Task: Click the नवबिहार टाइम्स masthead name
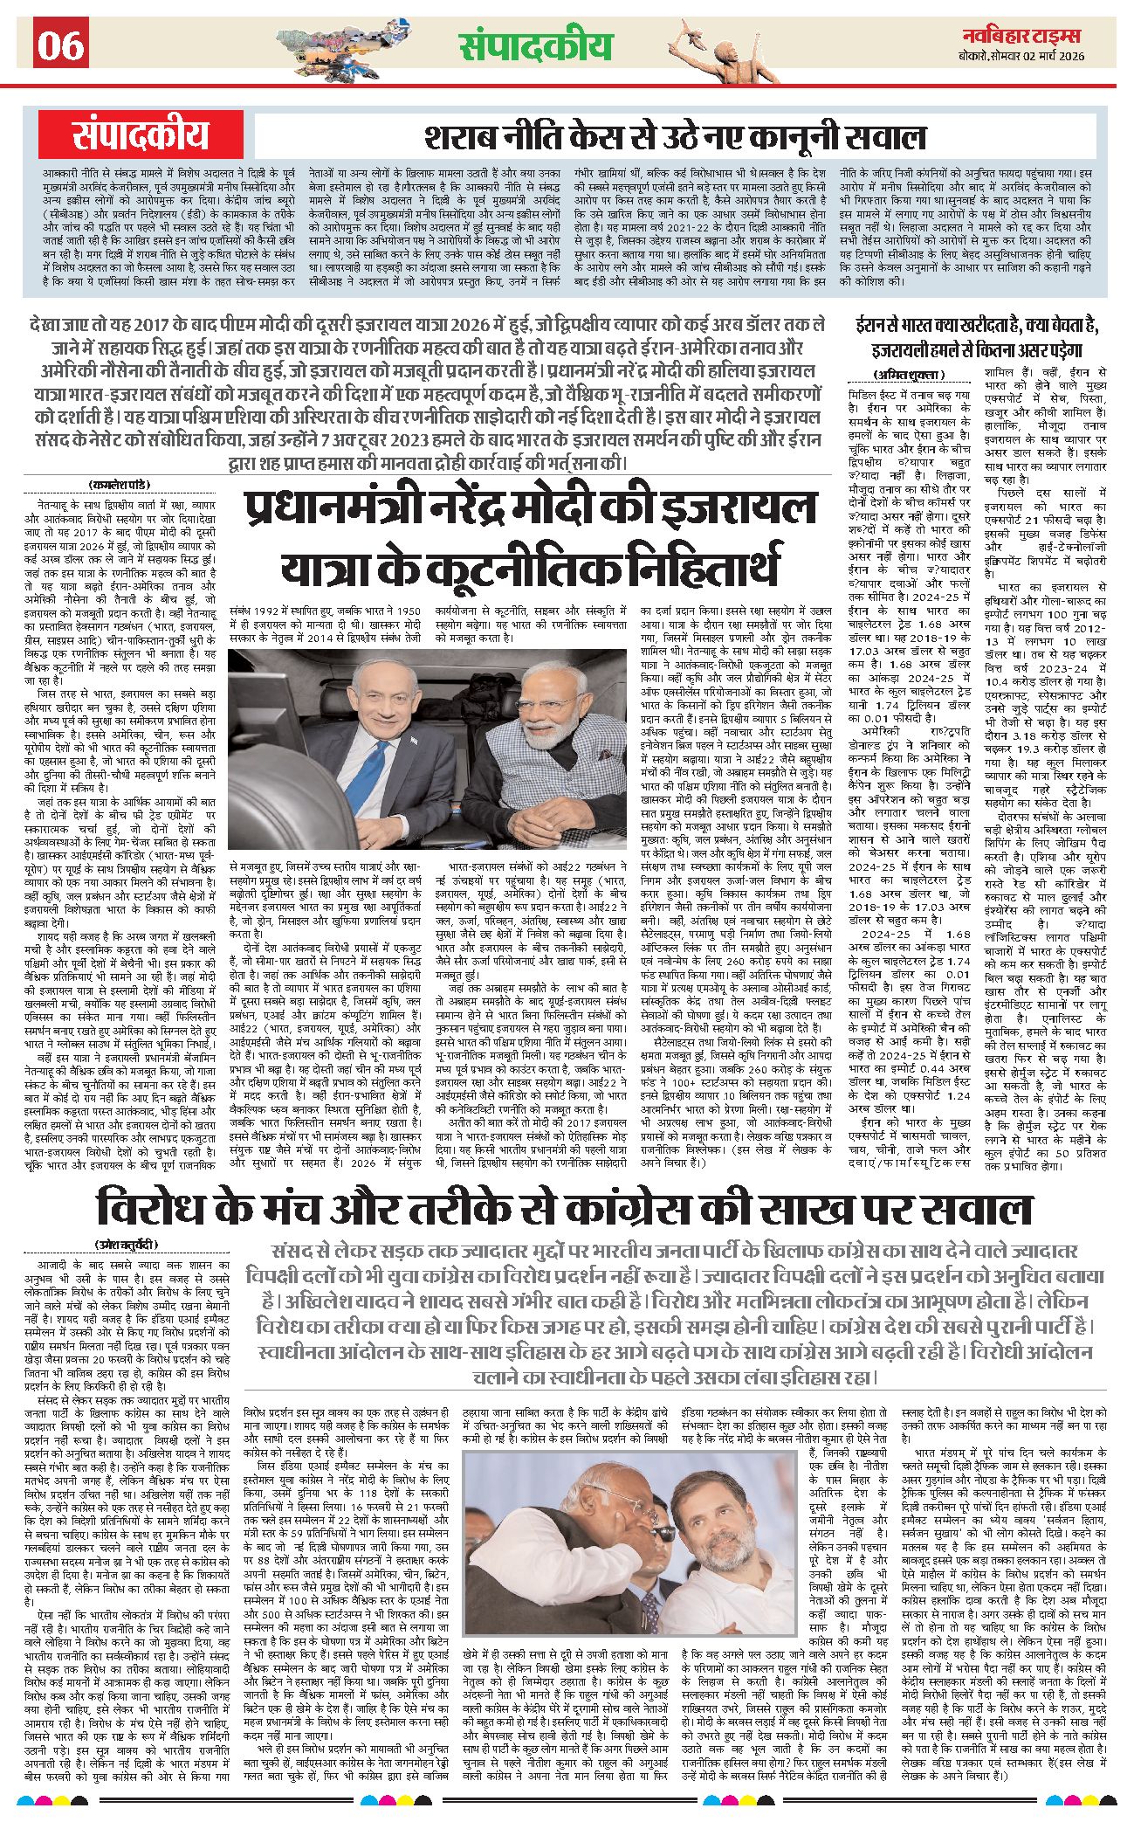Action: (1021, 36)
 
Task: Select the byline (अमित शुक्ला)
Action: (897, 375)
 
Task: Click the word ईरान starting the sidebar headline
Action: (878, 326)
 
